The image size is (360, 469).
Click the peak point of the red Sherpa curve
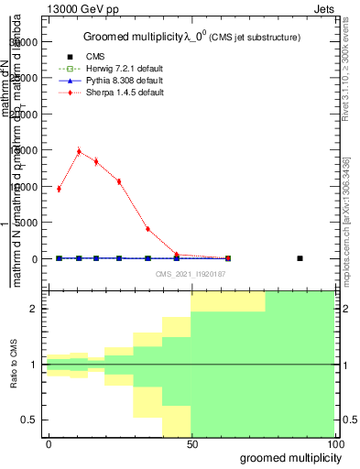79,151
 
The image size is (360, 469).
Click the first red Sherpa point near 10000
59,189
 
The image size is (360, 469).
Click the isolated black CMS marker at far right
300,258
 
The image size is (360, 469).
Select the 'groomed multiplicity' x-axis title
287,457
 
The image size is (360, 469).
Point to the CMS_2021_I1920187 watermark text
191,273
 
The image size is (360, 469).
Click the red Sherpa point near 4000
147,229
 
